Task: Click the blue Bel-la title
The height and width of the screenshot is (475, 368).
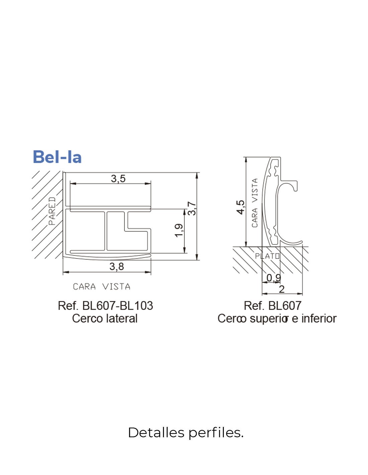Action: pyautogui.click(x=57, y=157)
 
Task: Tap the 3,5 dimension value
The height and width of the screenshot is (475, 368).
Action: pyautogui.click(x=118, y=179)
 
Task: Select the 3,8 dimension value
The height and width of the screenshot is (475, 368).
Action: pyautogui.click(x=116, y=267)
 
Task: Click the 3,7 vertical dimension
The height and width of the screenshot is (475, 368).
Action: pyautogui.click(x=192, y=208)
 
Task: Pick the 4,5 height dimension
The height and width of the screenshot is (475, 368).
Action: pyautogui.click(x=240, y=207)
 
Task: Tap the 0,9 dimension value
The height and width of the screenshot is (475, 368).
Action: pyautogui.click(x=274, y=278)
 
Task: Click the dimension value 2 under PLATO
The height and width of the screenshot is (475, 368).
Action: pyautogui.click(x=282, y=289)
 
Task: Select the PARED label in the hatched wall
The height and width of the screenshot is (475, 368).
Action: pyautogui.click(x=52, y=211)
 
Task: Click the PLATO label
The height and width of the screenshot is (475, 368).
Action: pyautogui.click(x=267, y=256)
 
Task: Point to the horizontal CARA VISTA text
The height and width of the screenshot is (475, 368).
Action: pyautogui.click(x=102, y=287)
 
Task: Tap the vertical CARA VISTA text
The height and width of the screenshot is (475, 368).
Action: pyautogui.click(x=255, y=203)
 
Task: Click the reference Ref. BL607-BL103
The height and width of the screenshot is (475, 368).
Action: pyautogui.click(x=105, y=306)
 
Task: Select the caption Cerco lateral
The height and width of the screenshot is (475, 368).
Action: pyautogui.click(x=105, y=319)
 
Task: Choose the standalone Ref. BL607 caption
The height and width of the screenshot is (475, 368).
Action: pyautogui.click(x=273, y=306)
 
